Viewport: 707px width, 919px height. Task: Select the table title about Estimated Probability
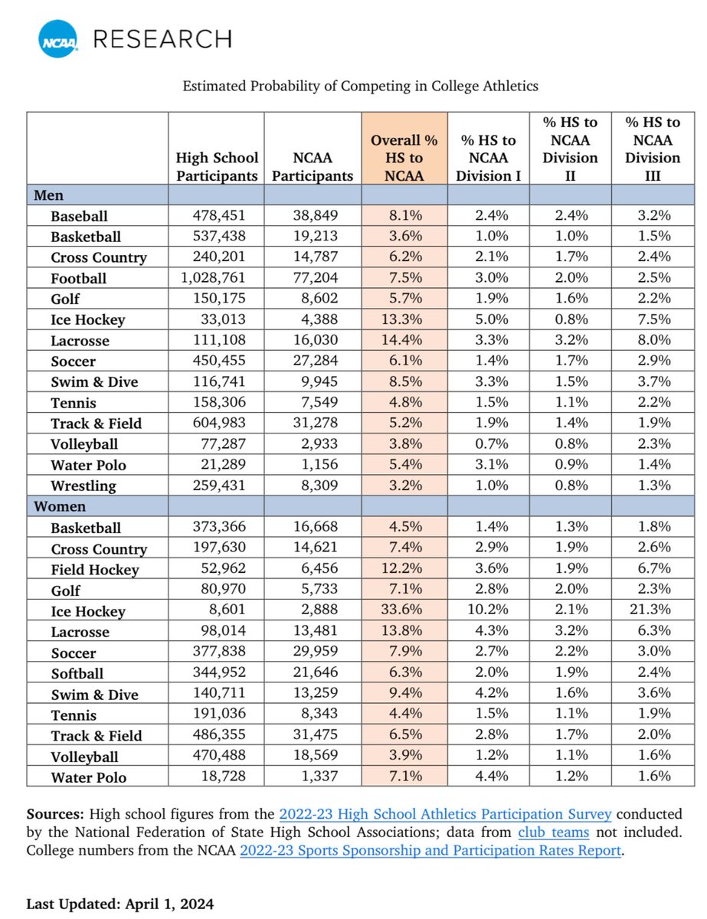click(360, 87)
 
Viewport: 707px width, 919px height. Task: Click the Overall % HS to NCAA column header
click(404, 158)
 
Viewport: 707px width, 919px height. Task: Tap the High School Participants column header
click(217, 166)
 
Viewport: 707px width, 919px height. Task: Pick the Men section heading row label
click(49, 196)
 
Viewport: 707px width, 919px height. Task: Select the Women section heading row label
click(60, 507)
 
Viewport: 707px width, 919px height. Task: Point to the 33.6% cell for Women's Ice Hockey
click(404, 610)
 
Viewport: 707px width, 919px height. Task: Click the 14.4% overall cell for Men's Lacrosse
click(404, 340)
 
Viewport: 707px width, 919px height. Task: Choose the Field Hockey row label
click(95, 569)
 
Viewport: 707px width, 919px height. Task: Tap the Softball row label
click(77, 673)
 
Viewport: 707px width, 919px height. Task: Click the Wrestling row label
click(83, 486)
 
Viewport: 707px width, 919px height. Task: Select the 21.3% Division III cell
click(653, 610)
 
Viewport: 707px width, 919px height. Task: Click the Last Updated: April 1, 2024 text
click(119, 904)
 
